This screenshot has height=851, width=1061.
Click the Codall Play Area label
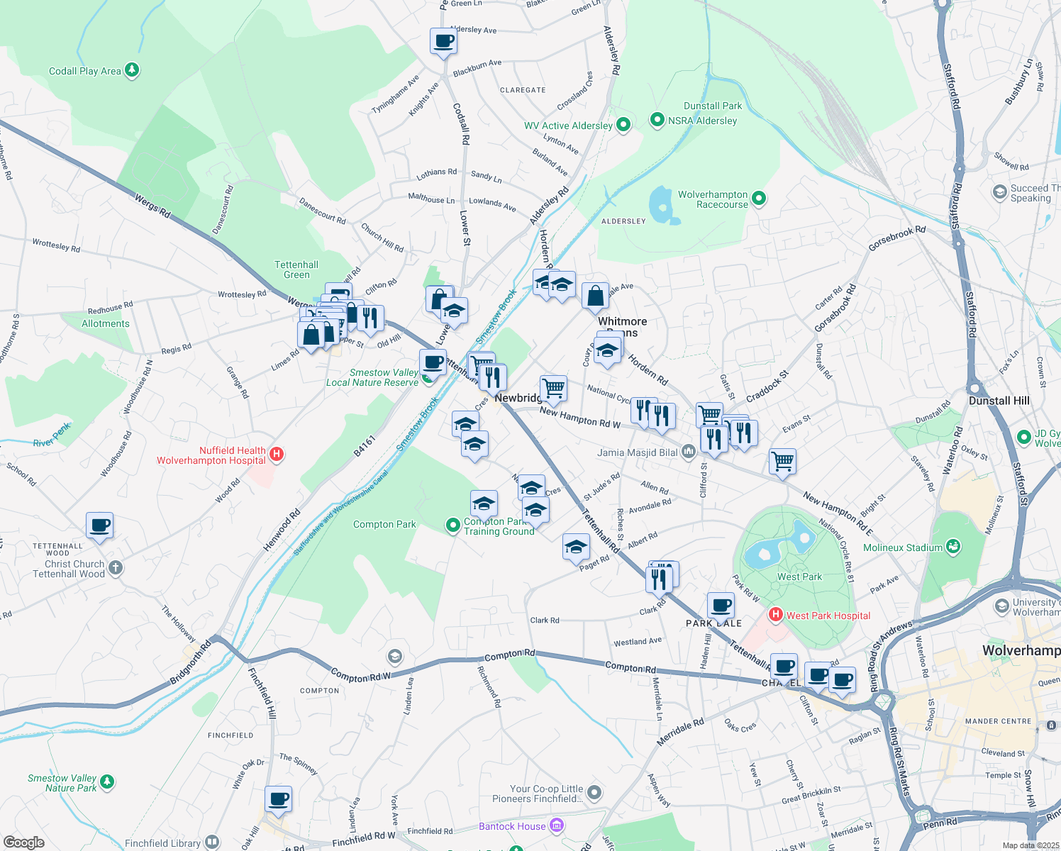click(84, 71)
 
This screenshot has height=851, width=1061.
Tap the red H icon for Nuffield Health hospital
click(277, 455)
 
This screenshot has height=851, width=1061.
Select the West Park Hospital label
click(828, 616)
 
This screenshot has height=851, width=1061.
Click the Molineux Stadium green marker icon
click(954, 547)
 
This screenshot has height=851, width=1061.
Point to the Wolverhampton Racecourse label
click(713, 199)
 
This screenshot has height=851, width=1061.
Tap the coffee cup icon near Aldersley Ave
click(443, 41)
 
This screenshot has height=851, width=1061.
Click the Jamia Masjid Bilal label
click(638, 452)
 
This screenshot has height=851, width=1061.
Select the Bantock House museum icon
click(557, 825)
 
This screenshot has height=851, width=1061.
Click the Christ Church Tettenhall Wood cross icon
click(116, 568)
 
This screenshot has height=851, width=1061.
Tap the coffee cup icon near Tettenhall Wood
click(100, 525)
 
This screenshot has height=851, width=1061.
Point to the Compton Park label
click(384, 525)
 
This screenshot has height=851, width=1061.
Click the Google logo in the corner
click(23, 842)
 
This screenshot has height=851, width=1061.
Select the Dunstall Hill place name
click(999, 401)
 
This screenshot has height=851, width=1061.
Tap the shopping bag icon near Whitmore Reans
click(595, 296)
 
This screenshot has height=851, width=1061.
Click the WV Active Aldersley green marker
click(623, 125)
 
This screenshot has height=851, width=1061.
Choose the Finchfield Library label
click(162, 843)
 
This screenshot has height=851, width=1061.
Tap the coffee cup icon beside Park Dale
click(720, 606)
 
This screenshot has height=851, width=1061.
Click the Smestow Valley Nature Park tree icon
click(107, 782)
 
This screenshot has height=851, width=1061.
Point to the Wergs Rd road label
click(152, 206)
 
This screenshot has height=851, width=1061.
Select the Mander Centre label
click(998, 721)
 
